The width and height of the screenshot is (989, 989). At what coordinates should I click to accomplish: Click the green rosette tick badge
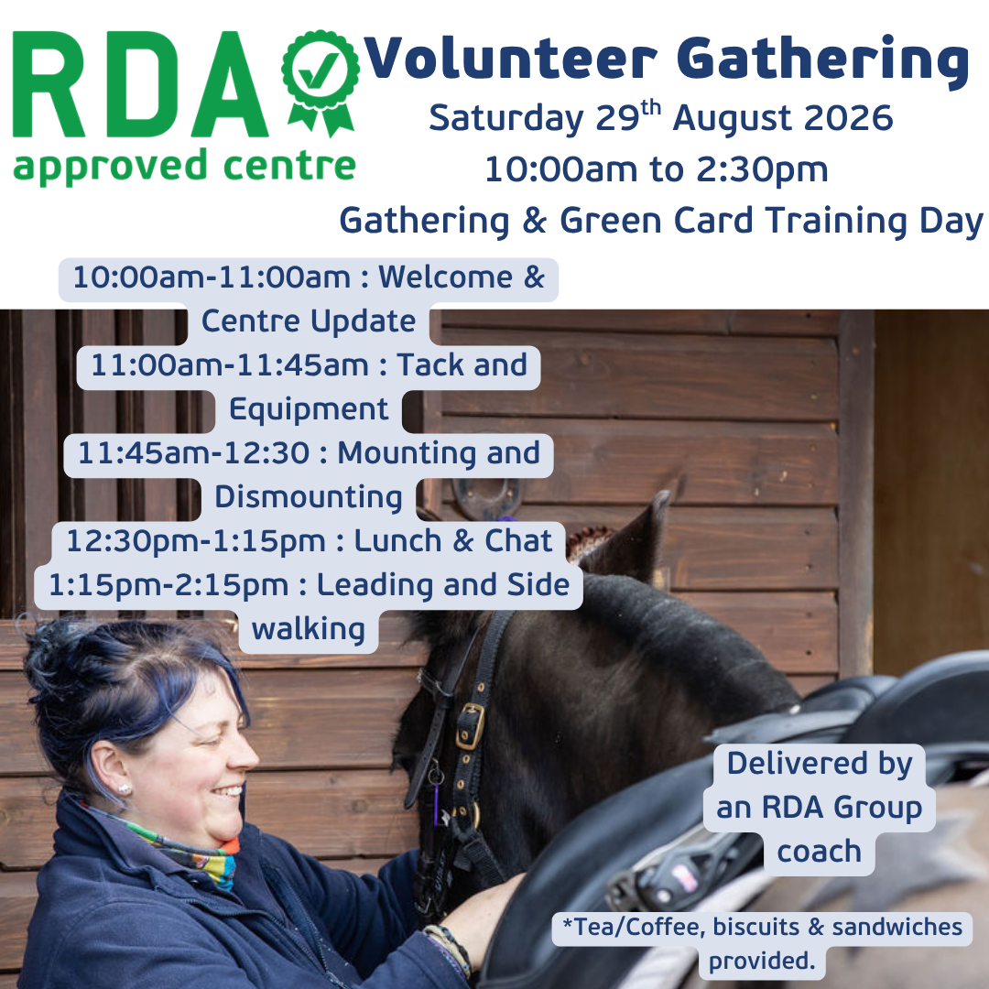(321, 82)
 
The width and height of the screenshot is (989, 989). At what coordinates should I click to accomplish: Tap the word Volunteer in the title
(512, 58)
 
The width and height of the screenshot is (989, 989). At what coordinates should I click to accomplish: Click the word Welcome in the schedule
(445, 277)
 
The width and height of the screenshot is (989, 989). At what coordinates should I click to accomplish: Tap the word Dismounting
(309, 497)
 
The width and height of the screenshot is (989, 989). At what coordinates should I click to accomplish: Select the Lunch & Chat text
(452, 541)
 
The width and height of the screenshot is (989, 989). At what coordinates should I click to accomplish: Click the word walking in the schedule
(309, 629)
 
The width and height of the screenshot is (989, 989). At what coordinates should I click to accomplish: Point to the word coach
(819, 853)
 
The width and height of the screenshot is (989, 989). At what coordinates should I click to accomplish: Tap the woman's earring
(124, 788)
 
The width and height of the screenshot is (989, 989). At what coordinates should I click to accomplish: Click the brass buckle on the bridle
(470, 726)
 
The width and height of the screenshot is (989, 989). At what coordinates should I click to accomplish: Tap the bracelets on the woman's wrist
(449, 950)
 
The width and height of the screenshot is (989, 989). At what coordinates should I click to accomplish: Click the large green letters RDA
(140, 84)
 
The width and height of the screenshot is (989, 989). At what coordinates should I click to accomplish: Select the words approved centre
(184, 167)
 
